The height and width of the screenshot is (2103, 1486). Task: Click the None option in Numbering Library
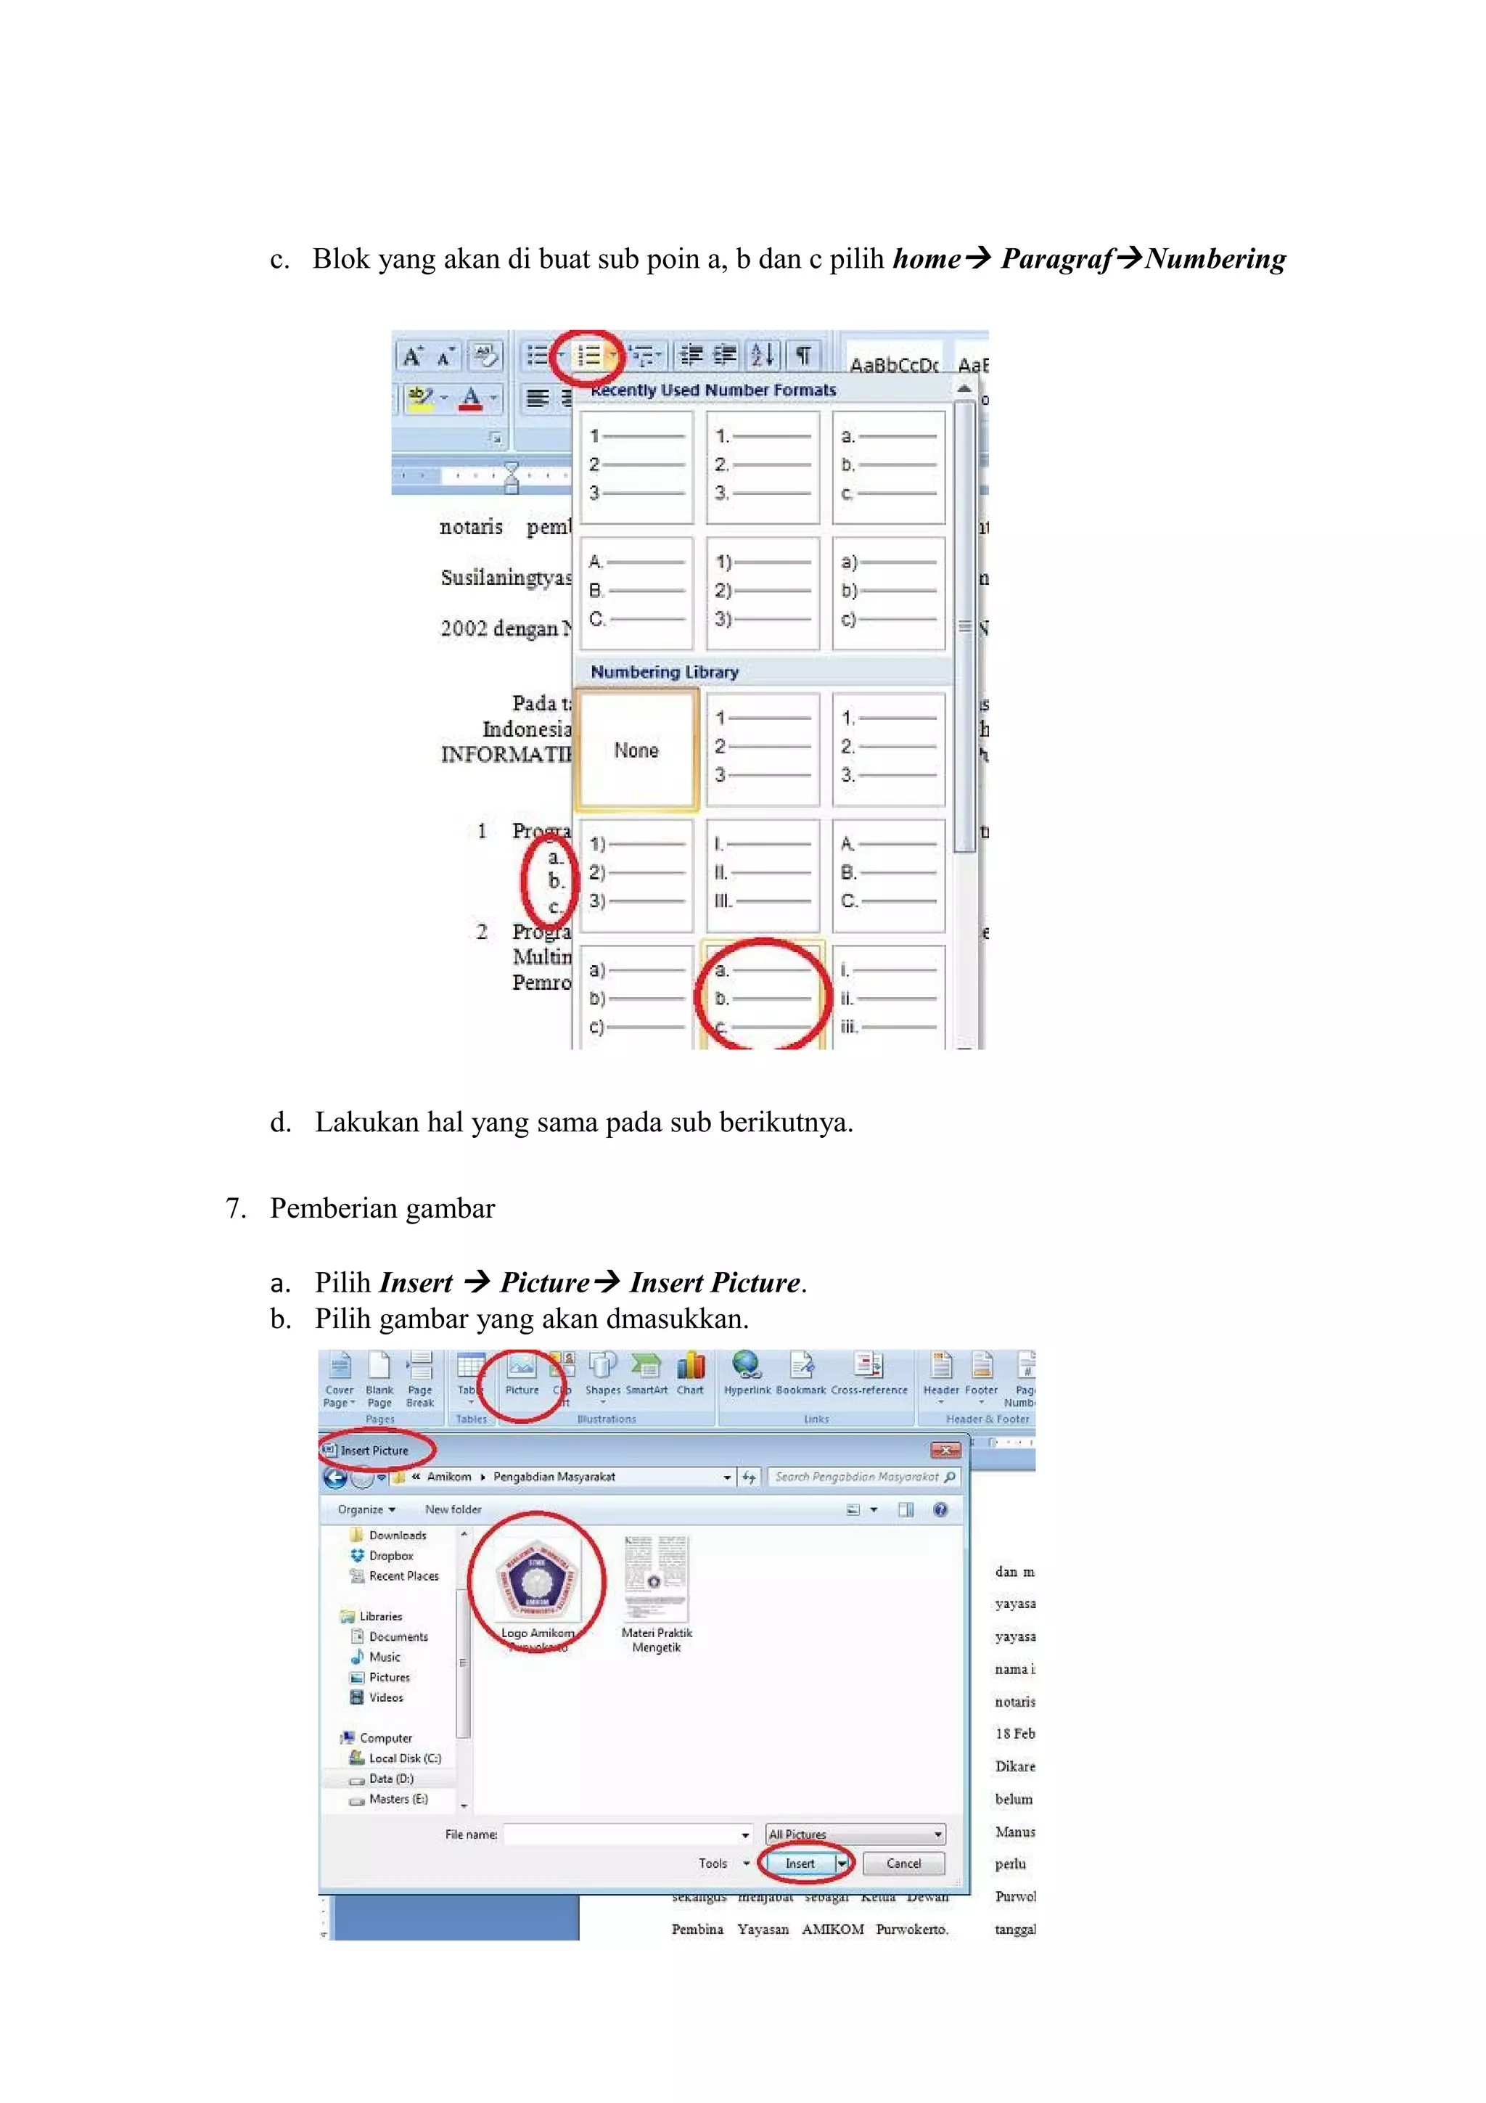636,750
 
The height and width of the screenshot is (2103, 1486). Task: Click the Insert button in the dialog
800,1863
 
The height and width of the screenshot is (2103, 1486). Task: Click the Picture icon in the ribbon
522,1374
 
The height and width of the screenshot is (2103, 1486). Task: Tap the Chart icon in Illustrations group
690,1374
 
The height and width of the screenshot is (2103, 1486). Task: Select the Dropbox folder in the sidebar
391,1555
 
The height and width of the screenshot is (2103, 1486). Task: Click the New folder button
452,1509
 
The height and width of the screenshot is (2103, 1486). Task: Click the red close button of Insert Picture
945,1450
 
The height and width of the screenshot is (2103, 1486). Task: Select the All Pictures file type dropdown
854,1834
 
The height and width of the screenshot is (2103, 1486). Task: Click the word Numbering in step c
1215,259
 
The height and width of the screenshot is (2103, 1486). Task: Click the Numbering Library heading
664,671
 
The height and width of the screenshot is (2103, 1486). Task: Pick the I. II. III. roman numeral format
762,873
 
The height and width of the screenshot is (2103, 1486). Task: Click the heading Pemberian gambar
382,1208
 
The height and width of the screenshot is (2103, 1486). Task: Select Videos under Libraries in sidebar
385,1697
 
